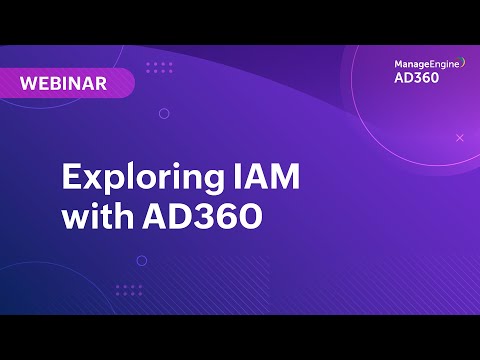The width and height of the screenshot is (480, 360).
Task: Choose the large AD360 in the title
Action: pyautogui.click(x=200, y=215)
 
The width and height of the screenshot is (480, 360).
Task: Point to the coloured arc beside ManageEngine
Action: pyautogui.click(x=463, y=62)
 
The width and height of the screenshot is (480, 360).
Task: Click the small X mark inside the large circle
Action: pyautogui.click(x=460, y=136)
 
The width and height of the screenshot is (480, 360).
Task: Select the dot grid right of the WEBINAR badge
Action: pyautogui.click(x=160, y=68)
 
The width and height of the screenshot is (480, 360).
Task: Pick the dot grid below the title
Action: pyautogui.click(x=129, y=290)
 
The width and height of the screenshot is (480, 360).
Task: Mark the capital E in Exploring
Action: pyautogui.click(x=73, y=178)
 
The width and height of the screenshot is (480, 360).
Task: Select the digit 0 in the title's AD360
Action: pyautogui.click(x=247, y=215)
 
